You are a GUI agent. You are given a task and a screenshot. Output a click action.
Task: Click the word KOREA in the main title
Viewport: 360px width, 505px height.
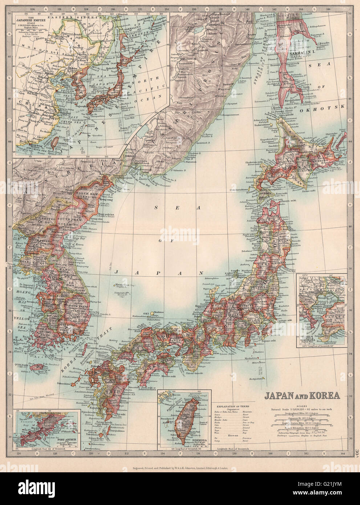point(321,395)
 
